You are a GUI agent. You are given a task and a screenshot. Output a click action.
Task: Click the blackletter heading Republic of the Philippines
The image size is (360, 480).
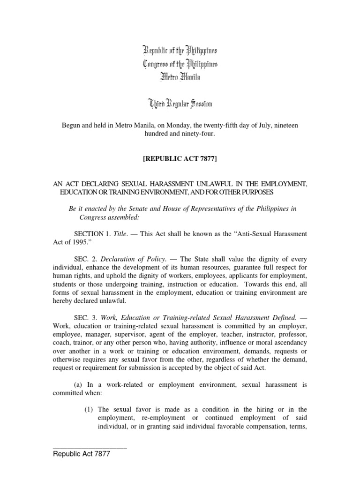(180, 50)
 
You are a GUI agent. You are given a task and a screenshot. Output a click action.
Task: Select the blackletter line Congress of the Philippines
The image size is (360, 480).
(180, 64)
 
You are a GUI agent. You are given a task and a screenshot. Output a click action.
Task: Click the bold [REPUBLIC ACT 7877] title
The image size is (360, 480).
(180, 159)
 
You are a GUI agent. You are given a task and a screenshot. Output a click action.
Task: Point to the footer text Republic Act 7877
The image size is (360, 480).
(82, 454)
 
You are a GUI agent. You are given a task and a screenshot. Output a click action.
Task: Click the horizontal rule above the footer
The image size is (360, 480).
(90, 449)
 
